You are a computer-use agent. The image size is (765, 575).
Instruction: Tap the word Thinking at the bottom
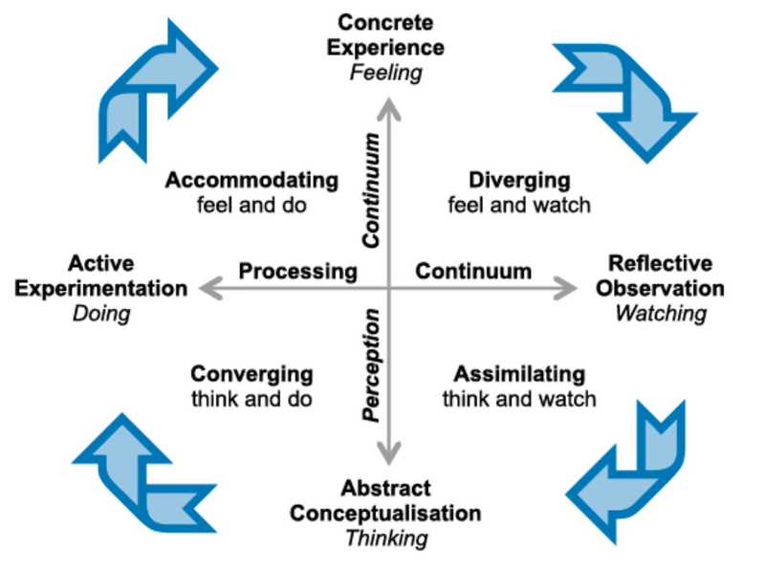point(385,538)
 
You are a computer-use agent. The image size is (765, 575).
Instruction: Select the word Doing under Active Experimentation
point(100,313)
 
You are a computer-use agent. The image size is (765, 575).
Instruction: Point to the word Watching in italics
point(661,313)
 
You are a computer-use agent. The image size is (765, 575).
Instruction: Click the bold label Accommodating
point(251,181)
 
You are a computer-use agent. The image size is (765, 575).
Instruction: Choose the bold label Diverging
point(519,181)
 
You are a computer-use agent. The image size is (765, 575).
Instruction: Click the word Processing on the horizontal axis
point(297,272)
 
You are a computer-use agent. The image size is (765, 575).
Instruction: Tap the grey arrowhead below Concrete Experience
point(388,108)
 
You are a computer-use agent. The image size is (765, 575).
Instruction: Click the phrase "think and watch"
point(519,398)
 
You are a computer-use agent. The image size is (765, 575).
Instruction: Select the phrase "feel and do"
point(251,205)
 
